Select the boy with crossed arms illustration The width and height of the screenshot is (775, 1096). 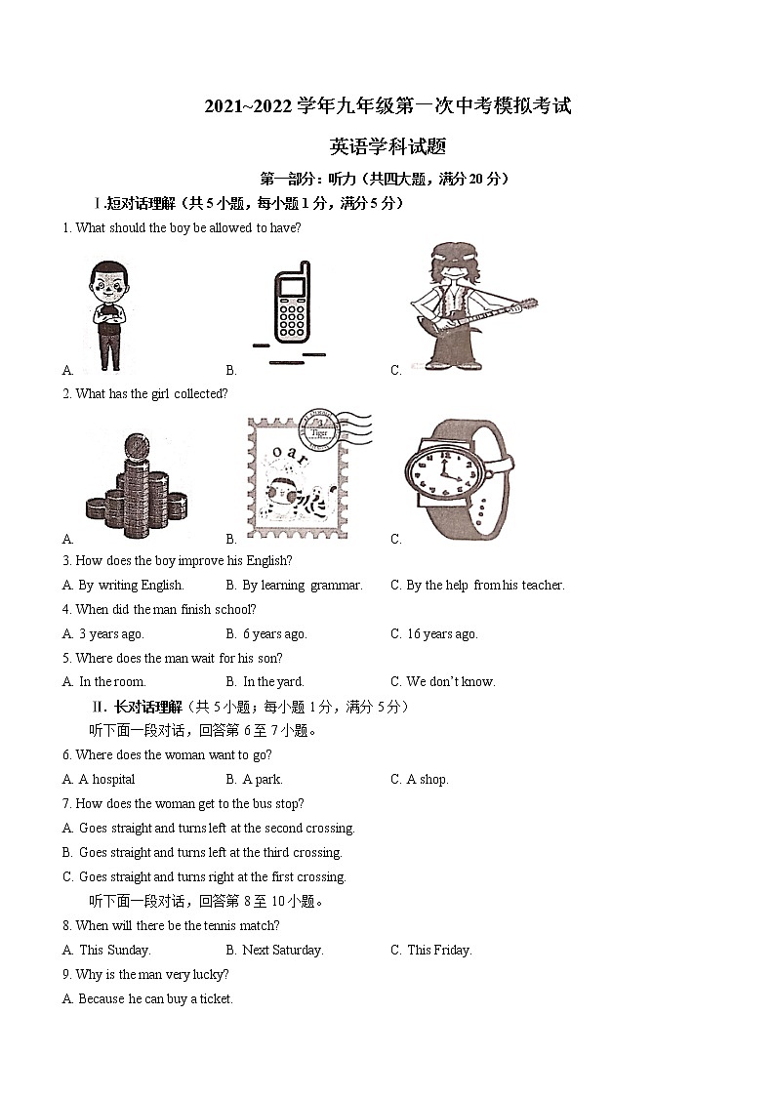point(108,314)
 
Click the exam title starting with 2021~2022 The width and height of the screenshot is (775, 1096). point(387,106)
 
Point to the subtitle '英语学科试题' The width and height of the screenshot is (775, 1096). point(387,147)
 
